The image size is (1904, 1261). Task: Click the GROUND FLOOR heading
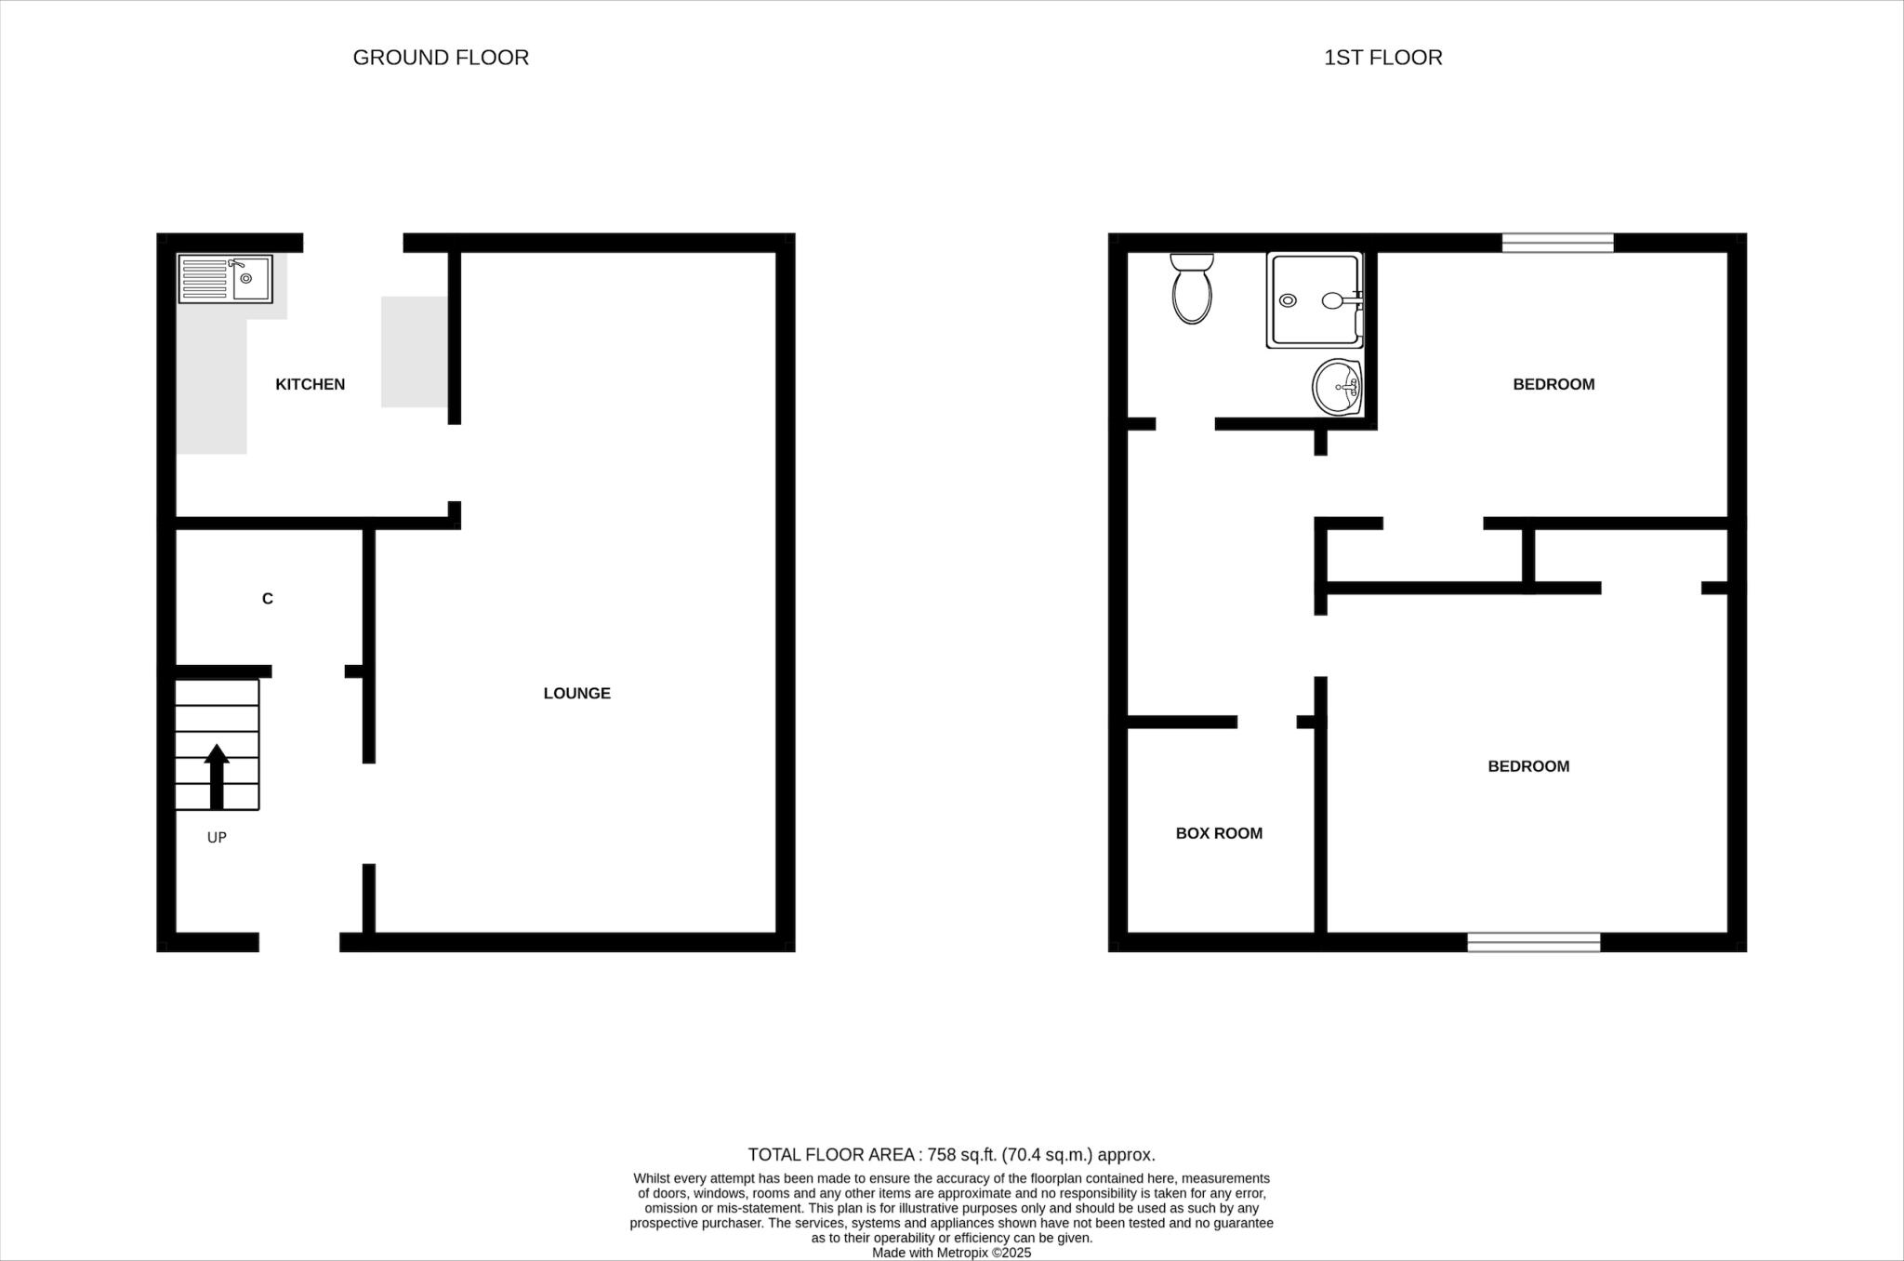point(441,58)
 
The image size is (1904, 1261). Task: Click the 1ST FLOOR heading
point(1382,58)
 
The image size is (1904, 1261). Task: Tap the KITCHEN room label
point(310,384)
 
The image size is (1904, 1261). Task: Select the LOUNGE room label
point(576,693)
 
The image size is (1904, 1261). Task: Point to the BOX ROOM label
point(1219,833)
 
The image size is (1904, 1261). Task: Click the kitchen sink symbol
point(226,278)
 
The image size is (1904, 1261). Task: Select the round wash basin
point(1337,387)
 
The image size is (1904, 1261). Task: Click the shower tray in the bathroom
point(1313,300)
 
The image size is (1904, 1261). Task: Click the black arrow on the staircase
point(217,776)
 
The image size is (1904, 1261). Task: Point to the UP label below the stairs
point(217,837)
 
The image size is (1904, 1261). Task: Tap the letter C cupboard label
point(268,599)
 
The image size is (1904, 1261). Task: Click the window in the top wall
point(1557,243)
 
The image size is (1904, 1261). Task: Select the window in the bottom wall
point(1533,942)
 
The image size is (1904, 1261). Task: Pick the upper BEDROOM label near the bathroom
point(1553,384)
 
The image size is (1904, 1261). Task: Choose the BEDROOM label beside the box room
point(1527,766)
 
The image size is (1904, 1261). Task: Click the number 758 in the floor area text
point(942,1155)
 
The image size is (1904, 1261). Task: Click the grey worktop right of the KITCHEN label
point(415,352)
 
